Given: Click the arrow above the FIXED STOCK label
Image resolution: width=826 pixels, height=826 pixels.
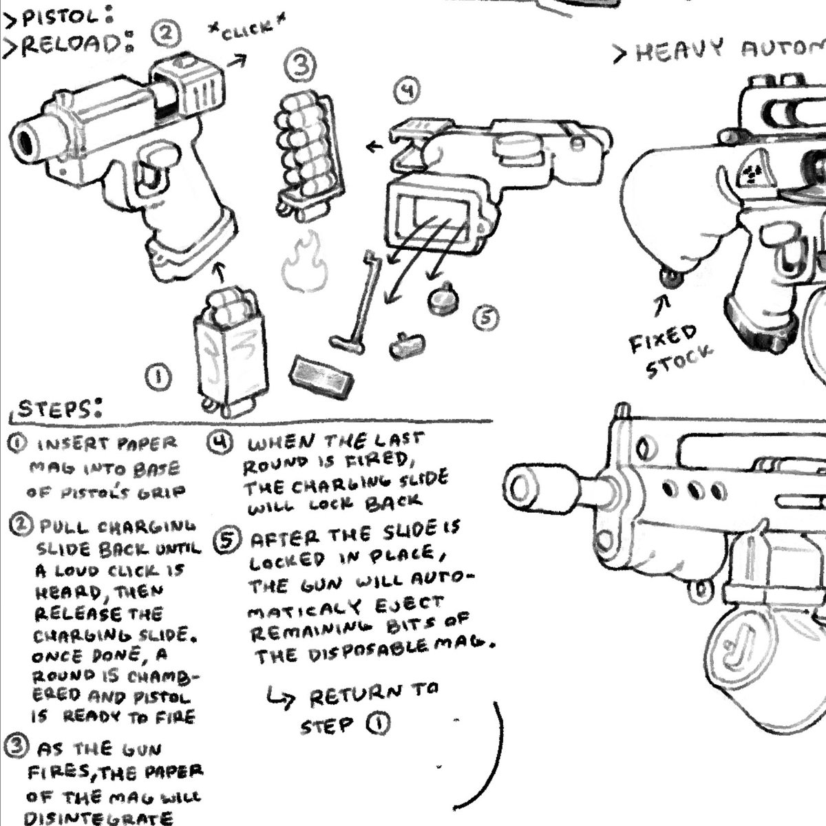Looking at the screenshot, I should [665, 304].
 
